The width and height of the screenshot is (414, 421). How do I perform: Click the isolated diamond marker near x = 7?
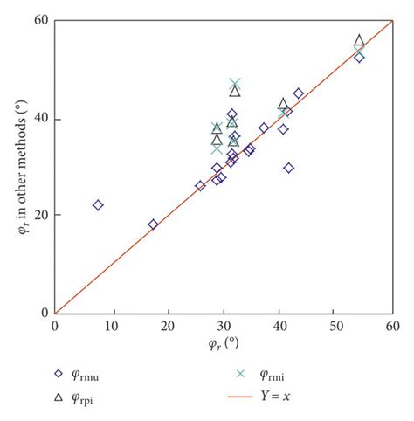click(98, 205)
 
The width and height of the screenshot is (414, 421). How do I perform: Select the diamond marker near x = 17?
click(153, 224)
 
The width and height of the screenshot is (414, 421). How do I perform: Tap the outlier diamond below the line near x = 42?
click(289, 168)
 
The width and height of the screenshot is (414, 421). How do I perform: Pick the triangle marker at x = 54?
click(359, 41)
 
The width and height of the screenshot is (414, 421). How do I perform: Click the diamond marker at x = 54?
click(359, 58)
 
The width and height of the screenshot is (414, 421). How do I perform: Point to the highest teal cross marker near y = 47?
click(235, 84)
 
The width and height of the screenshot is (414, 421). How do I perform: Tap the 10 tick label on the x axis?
click(111, 325)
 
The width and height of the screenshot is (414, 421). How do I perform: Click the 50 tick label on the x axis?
click(336, 325)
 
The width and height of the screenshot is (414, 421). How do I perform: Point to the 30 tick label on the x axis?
click(224, 325)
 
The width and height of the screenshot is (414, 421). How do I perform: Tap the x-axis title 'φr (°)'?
click(224, 342)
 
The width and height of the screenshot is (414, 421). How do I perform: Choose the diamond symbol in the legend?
click(58, 373)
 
